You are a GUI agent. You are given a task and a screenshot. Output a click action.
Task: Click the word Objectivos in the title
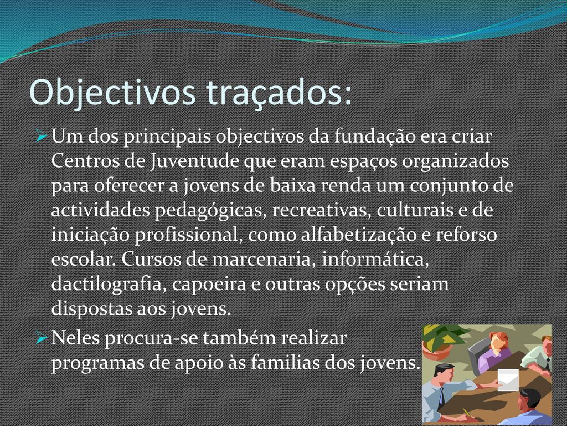click(x=112, y=93)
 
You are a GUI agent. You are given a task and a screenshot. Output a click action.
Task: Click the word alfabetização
click(x=359, y=235)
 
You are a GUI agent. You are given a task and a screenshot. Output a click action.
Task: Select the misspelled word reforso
click(x=466, y=235)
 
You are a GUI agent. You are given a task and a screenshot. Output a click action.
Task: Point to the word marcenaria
click(x=261, y=260)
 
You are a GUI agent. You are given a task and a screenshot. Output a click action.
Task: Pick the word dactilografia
click(x=109, y=284)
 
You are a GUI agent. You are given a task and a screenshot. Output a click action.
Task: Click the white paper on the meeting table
click(x=507, y=380)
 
